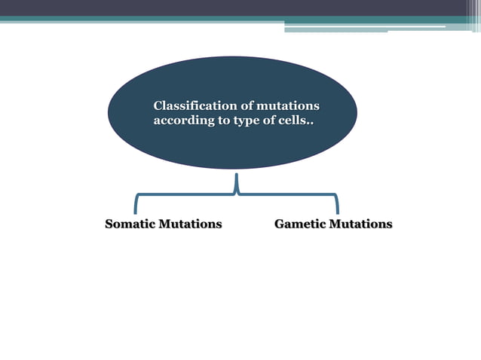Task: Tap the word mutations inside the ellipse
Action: pyautogui.click(x=287, y=105)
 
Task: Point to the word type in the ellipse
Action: pyautogui.click(x=249, y=121)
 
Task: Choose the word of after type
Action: pyautogui.click(x=270, y=121)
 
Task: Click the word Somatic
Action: pyautogui.click(x=130, y=224)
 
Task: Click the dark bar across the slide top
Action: pyautogui.click(x=240, y=8)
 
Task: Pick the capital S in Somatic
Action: pyautogui.click(x=109, y=224)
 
